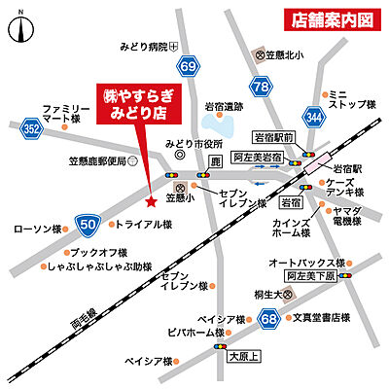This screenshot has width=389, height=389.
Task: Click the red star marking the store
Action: [x=150, y=202]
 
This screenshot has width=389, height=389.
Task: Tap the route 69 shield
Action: [x=188, y=66]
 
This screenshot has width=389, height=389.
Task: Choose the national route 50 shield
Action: [x=88, y=225]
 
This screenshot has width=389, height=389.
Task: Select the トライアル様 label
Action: [x=143, y=225]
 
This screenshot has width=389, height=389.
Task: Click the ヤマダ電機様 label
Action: [x=346, y=216]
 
